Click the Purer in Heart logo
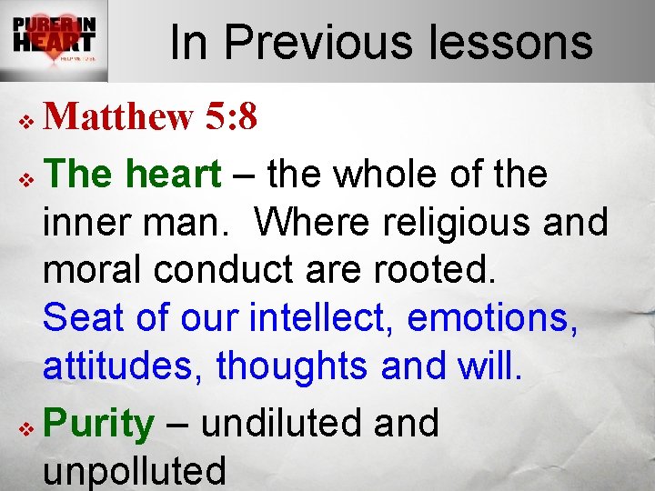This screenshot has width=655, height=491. tap(54, 40)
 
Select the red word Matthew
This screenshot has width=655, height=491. tap(118, 116)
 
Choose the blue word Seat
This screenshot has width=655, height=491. tap(84, 318)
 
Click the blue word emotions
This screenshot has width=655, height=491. tap(492, 318)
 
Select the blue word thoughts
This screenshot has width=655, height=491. tap(294, 366)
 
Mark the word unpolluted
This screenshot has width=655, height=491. tap(135, 471)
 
